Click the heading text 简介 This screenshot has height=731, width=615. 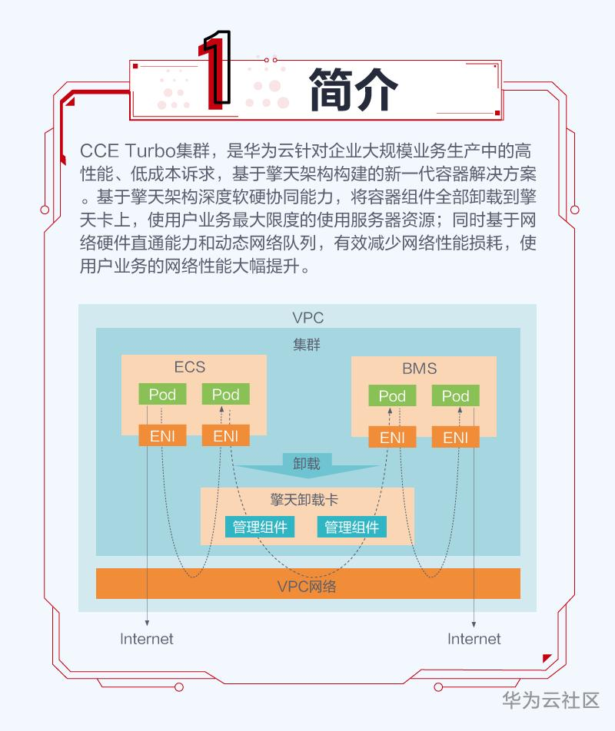click(x=353, y=88)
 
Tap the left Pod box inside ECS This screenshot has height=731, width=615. click(x=162, y=395)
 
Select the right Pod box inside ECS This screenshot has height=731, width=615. click(x=225, y=395)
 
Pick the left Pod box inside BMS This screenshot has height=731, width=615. click(x=392, y=396)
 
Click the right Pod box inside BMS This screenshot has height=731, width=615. click(x=455, y=396)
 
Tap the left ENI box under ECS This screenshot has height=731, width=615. click(x=162, y=436)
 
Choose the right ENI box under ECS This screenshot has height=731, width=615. click(x=225, y=436)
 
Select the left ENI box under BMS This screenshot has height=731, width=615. click(x=392, y=438)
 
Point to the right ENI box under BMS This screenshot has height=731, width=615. click(x=455, y=438)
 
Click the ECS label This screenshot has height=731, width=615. click(x=190, y=367)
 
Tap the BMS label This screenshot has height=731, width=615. click(x=419, y=369)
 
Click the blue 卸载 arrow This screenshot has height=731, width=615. click(x=307, y=465)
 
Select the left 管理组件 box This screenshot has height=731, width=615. click(x=260, y=527)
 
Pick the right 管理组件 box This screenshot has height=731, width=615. click(x=351, y=527)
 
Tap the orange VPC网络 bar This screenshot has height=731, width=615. click(x=307, y=587)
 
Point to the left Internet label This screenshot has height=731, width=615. click(x=147, y=639)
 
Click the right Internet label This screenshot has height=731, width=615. click(x=474, y=639)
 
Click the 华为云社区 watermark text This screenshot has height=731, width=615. click(x=550, y=700)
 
